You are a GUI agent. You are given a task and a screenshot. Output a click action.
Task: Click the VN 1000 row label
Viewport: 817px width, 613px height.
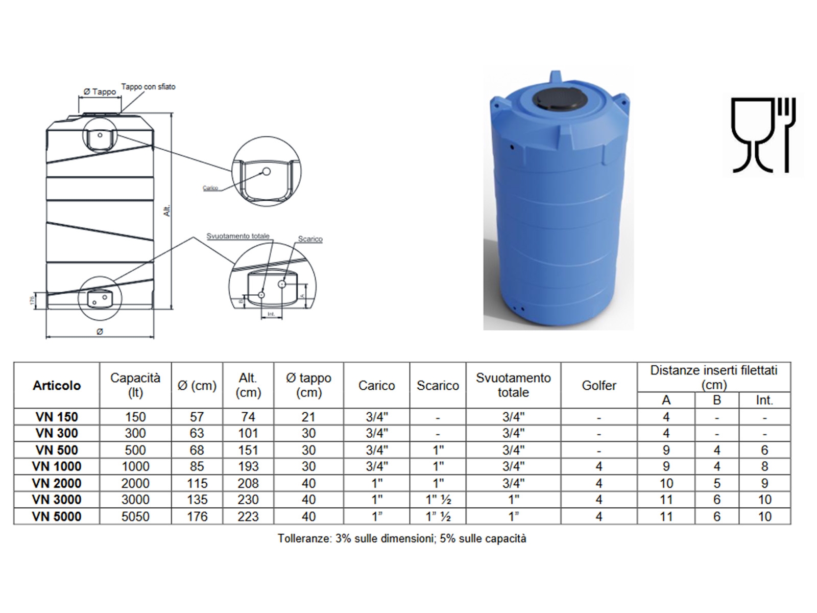click(x=57, y=466)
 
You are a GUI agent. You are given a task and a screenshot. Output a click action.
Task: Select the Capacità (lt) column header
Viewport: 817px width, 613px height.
click(x=135, y=385)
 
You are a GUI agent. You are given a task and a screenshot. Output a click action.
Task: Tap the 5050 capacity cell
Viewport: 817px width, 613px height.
click(x=135, y=516)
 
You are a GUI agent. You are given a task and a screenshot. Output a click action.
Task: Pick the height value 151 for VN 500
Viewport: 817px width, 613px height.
click(x=248, y=450)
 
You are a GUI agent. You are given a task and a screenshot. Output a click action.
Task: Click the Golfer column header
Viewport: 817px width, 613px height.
click(x=599, y=385)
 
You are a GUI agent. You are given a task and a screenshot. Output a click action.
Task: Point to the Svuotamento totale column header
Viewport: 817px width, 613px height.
click(x=513, y=385)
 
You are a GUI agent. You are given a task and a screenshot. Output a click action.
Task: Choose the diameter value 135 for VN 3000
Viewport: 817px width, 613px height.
click(x=197, y=500)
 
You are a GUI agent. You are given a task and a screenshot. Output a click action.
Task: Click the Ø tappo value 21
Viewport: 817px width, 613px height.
click(x=308, y=417)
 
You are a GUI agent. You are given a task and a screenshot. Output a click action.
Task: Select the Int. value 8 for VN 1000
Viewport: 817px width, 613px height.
click(x=764, y=466)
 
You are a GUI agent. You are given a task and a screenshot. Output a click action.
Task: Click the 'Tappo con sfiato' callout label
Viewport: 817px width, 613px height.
click(x=149, y=87)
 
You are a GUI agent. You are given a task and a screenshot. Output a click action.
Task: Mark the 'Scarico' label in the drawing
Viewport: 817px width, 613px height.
click(x=310, y=239)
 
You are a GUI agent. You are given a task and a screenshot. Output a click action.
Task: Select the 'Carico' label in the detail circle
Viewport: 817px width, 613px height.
click(x=210, y=188)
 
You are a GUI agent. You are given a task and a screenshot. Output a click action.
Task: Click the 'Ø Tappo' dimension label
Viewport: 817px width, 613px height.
click(x=100, y=92)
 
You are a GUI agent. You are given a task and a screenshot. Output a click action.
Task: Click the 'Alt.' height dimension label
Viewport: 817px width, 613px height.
click(x=167, y=210)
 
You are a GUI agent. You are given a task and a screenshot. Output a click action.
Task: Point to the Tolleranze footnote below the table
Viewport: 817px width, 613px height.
click(x=402, y=538)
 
